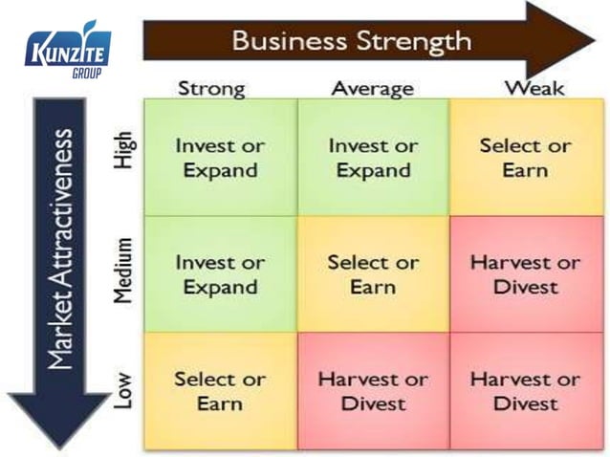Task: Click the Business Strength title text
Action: pos(351,41)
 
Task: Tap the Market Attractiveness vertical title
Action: pos(58,248)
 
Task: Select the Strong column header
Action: pos(211,89)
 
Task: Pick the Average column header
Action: pos(372,89)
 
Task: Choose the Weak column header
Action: pos(534,89)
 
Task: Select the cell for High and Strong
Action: pos(219,157)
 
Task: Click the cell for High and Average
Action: pos(373,157)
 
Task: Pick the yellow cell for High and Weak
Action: pos(525,157)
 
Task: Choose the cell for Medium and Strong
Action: pos(219,274)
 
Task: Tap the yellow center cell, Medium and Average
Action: pos(373,274)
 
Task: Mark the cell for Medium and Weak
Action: pos(525,274)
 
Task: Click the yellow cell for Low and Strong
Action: pos(219,391)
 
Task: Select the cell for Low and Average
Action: pos(373,391)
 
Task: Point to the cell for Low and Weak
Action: pos(525,391)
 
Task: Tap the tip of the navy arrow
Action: pos(58,446)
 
